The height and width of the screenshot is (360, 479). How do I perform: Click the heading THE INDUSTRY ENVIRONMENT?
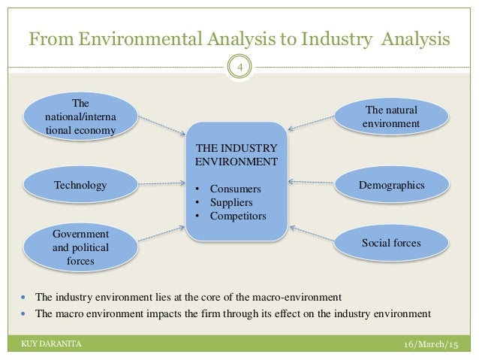[236, 155]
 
